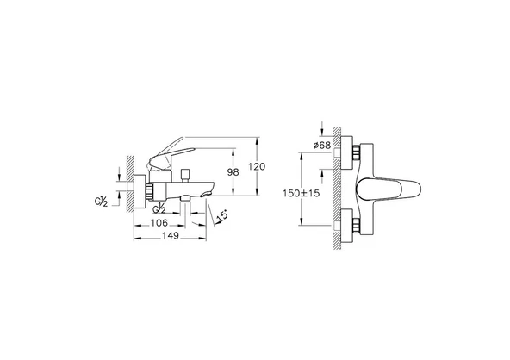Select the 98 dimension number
coord(231,171)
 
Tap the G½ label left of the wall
coord(101,203)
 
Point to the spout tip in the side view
coord(208,194)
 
